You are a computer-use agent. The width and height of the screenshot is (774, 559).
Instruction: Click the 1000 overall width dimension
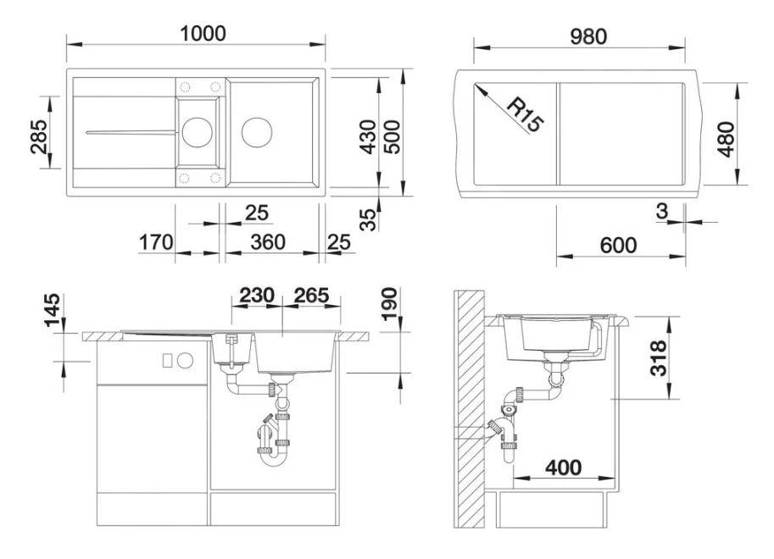pos(203,33)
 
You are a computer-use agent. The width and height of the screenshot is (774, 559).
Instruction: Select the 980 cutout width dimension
pos(587,36)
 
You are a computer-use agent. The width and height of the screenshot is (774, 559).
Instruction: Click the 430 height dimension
pos(367,135)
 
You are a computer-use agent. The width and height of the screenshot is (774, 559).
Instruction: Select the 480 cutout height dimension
pos(726,138)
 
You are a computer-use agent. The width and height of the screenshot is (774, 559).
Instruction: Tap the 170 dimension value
pos(156,242)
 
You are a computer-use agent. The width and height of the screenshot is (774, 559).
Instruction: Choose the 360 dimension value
pos(268,242)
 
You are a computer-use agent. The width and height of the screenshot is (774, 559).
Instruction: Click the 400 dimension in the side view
pos(564,467)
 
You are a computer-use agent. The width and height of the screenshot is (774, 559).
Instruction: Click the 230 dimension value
pos(256,296)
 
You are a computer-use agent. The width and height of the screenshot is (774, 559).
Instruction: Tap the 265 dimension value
pos(310,296)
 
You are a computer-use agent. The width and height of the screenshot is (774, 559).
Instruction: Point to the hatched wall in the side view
pos(468,407)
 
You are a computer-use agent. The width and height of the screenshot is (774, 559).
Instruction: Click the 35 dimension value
pos(367,220)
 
